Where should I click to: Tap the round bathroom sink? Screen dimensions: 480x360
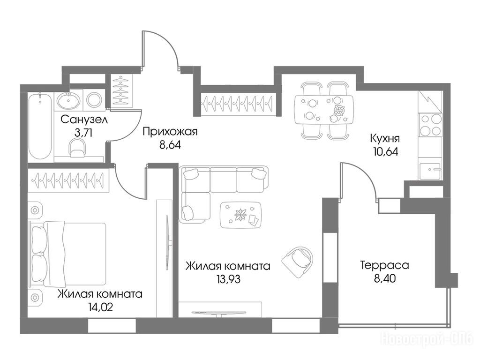(x=68, y=100)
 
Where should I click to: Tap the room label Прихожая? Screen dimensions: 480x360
(x=170, y=132)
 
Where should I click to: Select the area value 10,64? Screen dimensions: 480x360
(x=386, y=152)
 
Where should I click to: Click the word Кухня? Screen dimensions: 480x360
(x=385, y=139)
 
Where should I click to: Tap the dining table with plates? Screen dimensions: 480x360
(x=324, y=110)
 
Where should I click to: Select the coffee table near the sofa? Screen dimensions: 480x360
(x=241, y=215)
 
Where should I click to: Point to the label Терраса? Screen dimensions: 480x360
(x=384, y=265)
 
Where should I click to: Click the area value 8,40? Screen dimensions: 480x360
(x=385, y=278)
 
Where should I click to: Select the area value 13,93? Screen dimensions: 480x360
(x=228, y=279)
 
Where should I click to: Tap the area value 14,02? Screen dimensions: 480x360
(x=100, y=307)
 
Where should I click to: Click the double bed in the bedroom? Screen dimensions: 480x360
(x=67, y=254)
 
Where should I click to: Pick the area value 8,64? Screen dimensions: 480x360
(x=170, y=145)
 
